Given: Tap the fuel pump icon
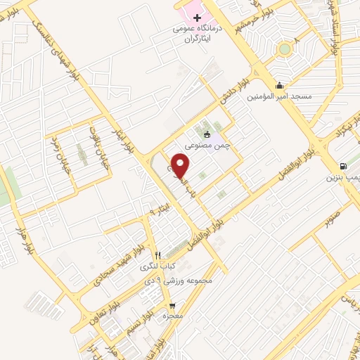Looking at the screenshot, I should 342,166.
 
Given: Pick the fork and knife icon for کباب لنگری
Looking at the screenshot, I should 159,255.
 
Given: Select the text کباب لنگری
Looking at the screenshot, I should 159,266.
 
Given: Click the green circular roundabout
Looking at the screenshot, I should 284,49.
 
